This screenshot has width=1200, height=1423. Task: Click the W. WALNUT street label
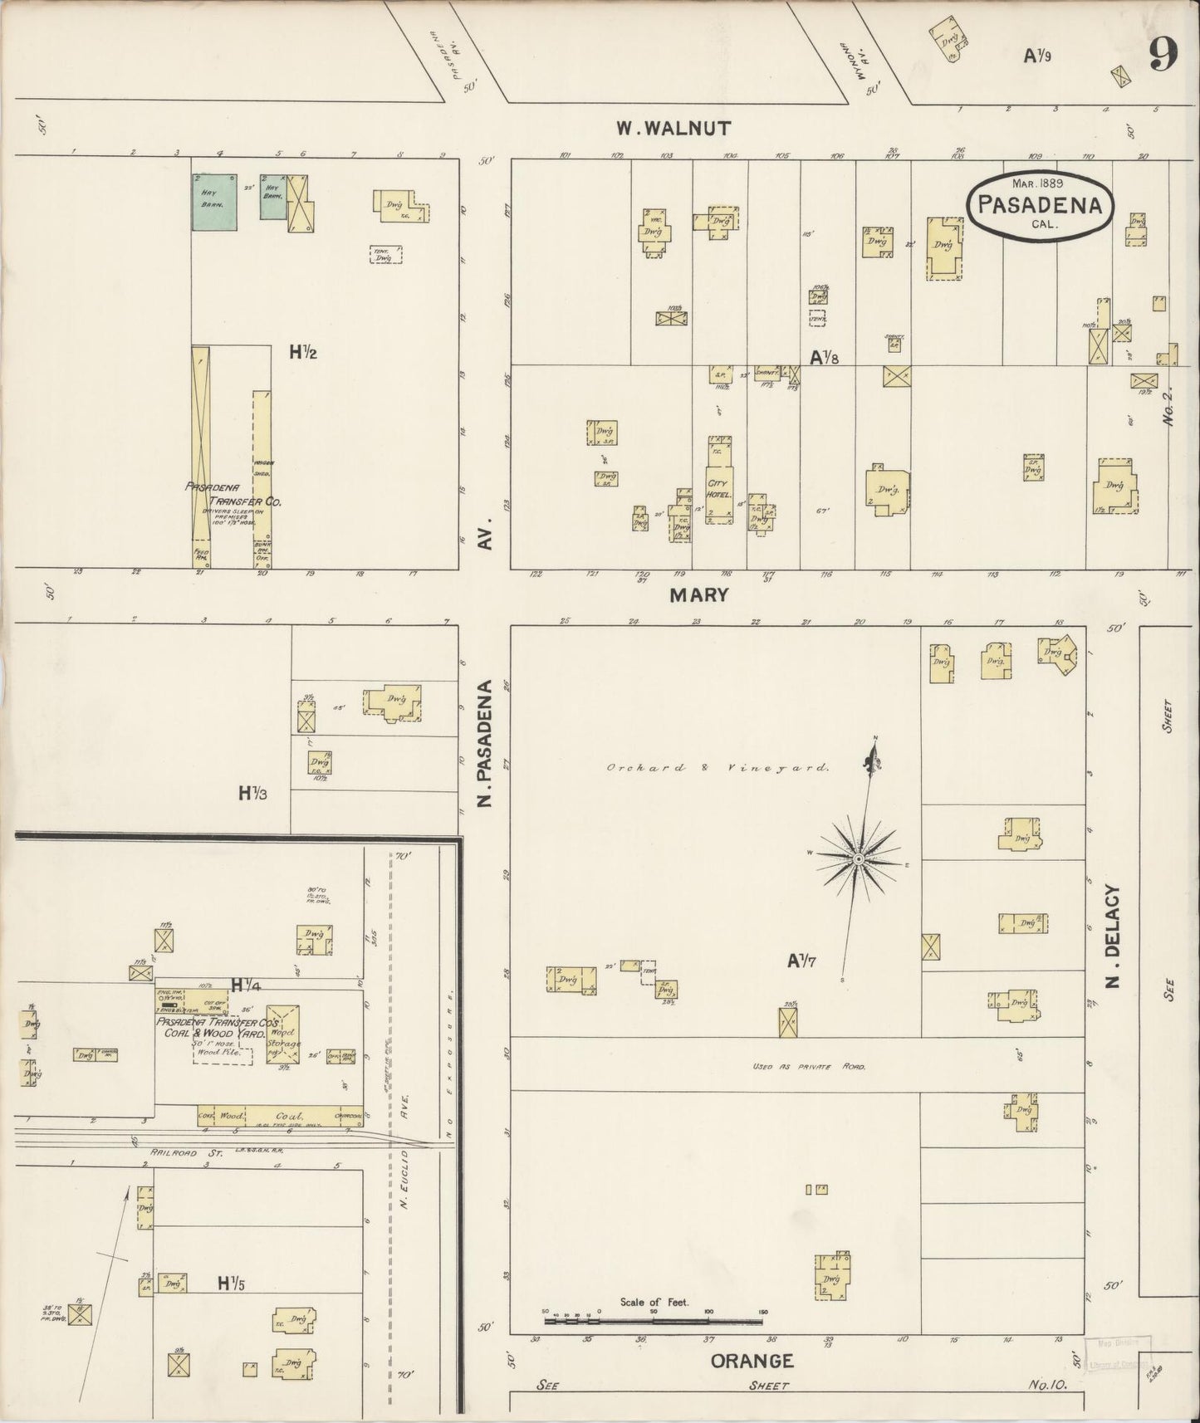(x=673, y=129)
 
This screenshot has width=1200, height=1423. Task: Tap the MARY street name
(x=700, y=594)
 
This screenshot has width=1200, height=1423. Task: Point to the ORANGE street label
(x=752, y=1361)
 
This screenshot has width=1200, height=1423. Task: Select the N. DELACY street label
(x=1114, y=936)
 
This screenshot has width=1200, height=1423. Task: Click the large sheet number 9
(x=1163, y=56)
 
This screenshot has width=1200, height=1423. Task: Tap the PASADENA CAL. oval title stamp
(x=1039, y=205)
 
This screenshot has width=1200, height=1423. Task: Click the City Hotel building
(x=719, y=482)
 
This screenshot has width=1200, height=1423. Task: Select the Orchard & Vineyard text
(x=718, y=769)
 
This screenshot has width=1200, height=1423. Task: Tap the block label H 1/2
(x=303, y=352)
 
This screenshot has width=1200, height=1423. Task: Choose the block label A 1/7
(x=802, y=961)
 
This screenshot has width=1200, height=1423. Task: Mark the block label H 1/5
(x=232, y=1284)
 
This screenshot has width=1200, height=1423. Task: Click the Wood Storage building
(x=283, y=1034)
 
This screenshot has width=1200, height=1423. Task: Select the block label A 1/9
(x=1037, y=56)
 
